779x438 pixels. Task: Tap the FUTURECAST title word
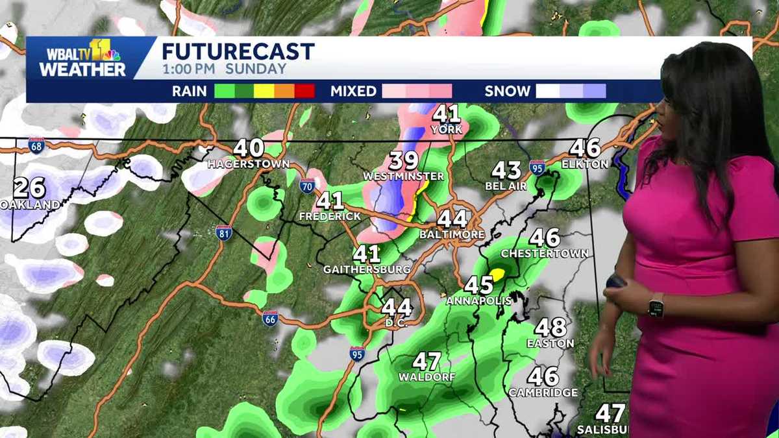tap(238, 51)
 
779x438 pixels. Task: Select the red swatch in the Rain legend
tap(304, 91)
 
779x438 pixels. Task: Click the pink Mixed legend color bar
tap(417, 91)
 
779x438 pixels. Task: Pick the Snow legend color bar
tap(571, 91)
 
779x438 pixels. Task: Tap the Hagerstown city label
tap(248, 164)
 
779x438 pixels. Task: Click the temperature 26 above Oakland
tap(29, 188)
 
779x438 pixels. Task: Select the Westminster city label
tap(403, 176)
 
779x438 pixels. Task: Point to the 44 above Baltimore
tap(452, 219)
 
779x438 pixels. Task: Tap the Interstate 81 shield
tap(224, 233)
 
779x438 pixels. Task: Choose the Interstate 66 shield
tap(271, 319)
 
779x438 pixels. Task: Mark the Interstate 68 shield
tap(36, 146)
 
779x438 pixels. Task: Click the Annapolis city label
tap(479, 301)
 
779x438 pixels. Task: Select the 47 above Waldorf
tap(427, 361)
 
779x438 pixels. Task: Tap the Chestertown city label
tap(545, 253)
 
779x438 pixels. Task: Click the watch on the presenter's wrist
tap(656, 305)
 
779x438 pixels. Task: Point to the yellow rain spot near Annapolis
tap(497, 274)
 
